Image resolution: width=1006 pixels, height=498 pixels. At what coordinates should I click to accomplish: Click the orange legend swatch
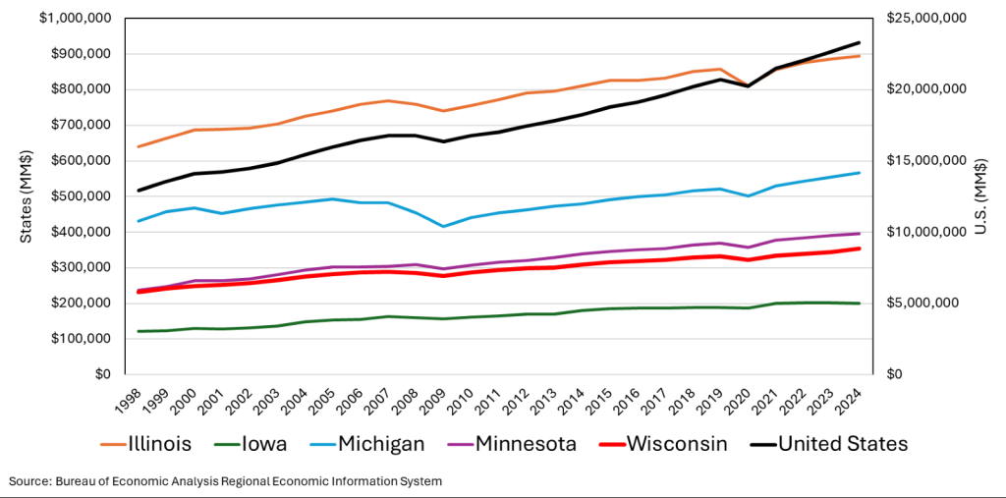click(x=113, y=445)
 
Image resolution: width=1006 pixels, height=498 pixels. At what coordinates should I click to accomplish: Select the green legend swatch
click(x=227, y=445)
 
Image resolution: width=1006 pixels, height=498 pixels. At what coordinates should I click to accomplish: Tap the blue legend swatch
click(x=322, y=445)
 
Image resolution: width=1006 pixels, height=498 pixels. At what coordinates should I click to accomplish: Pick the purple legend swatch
click(x=461, y=445)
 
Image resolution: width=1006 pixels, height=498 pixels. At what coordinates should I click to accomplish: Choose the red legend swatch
click(x=613, y=445)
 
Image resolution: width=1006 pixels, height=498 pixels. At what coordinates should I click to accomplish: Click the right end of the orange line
click(x=860, y=56)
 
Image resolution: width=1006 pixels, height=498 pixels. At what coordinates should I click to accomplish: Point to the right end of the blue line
click(x=860, y=173)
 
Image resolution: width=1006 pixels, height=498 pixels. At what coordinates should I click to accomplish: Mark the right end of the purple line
click(x=860, y=234)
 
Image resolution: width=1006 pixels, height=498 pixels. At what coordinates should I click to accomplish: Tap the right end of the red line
click(x=860, y=249)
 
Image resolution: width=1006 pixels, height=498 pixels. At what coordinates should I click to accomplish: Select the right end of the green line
click(x=860, y=304)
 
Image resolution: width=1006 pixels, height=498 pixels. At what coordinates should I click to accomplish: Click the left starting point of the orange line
click(x=137, y=147)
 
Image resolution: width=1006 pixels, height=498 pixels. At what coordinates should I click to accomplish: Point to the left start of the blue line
click(x=137, y=222)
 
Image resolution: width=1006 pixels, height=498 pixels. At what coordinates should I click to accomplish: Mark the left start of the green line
click(x=137, y=332)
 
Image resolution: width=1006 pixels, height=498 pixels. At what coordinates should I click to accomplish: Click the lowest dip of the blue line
click(x=444, y=227)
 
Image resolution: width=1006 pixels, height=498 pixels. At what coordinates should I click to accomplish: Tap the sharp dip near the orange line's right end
click(x=749, y=83)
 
